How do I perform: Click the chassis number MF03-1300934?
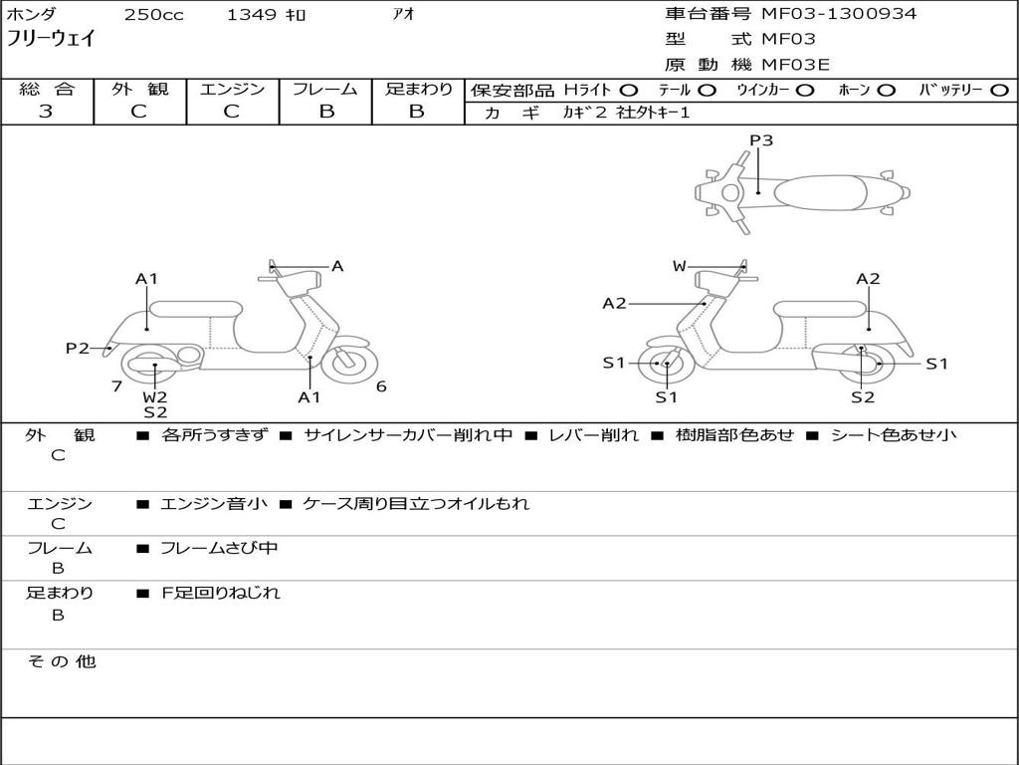click(838, 14)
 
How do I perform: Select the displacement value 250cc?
click(154, 15)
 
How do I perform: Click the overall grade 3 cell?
click(46, 112)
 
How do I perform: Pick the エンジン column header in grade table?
click(232, 90)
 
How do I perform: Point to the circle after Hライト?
click(629, 91)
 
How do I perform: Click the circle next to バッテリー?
click(999, 91)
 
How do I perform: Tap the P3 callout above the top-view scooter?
click(761, 140)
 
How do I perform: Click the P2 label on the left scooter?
click(78, 348)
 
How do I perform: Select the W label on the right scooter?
click(680, 266)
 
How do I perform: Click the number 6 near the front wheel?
click(381, 386)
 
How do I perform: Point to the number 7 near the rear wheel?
click(116, 386)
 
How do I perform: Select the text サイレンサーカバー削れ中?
click(408, 435)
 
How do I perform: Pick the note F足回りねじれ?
click(221, 593)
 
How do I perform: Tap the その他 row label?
click(61, 661)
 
